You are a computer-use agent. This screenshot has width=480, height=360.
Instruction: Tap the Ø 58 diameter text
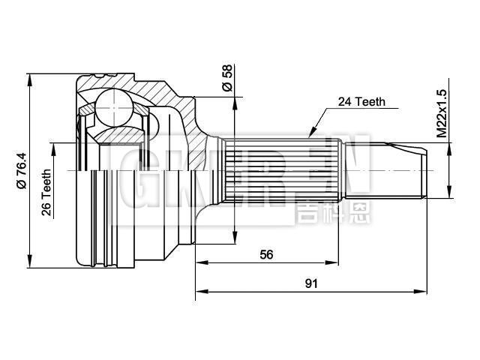point(226,77)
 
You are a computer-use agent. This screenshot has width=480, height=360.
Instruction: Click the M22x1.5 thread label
point(442,113)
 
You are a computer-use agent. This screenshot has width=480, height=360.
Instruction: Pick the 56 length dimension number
point(266,254)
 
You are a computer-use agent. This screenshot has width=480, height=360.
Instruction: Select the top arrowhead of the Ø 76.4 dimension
point(30,81)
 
